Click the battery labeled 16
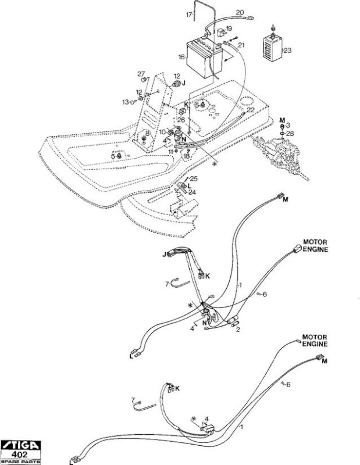204,58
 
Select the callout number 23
287,51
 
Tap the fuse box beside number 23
272,47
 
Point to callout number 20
240,12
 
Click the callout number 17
189,14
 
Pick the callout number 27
141,74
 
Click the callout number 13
126,102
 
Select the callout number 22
251,110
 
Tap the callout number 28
290,134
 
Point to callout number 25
194,178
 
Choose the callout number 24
192,192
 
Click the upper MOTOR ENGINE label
315,246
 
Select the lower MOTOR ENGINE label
315,341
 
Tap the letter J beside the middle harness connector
164,255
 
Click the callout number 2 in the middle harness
238,329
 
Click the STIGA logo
20,445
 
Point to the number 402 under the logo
20,455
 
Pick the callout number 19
229,28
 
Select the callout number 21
241,45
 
